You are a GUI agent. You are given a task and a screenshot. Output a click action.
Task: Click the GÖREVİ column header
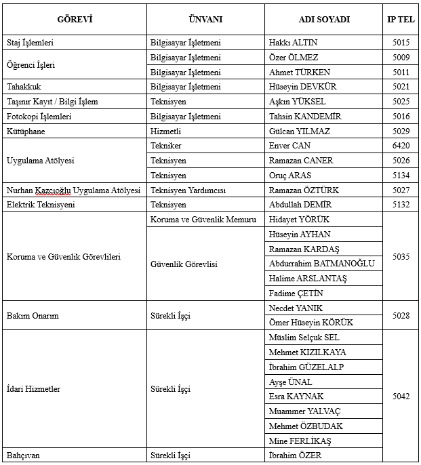pyautogui.click(x=74, y=19)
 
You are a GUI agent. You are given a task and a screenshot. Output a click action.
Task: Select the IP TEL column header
pyautogui.click(x=401, y=19)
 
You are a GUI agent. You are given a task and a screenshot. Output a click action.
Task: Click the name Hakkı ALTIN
pyautogui.click(x=294, y=43)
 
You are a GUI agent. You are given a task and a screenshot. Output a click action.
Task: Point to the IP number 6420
pyautogui.click(x=401, y=146)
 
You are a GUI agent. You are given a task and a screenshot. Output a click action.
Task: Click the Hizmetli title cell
pyautogui.click(x=165, y=131)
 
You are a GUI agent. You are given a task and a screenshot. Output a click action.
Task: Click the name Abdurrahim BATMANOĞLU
pyautogui.click(x=321, y=264)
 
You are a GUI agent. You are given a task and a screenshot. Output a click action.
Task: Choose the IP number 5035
pyautogui.click(x=401, y=257)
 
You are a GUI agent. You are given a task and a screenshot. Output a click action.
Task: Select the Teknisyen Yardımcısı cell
pyautogui.click(x=187, y=190)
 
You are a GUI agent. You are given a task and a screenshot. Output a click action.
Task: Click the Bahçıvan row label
pyautogui.click(x=23, y=456)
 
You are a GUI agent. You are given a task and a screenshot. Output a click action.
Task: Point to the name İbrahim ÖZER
pyautogui.click(x=295, y=456)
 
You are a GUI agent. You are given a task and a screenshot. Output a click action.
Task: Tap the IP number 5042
pyautogui.click(x=401, y=397)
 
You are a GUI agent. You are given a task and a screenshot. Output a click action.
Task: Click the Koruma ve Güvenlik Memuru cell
pyautogui.click(x=203, y=220)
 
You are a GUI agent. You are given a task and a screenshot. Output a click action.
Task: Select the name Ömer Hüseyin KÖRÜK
pyautogui.click(x=310, y=323)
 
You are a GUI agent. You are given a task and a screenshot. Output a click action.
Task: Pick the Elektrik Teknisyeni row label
pyautogui.click(x=41, y=205)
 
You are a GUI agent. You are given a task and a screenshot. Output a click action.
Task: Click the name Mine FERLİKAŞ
pyautogui.click(x=300, y=441)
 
